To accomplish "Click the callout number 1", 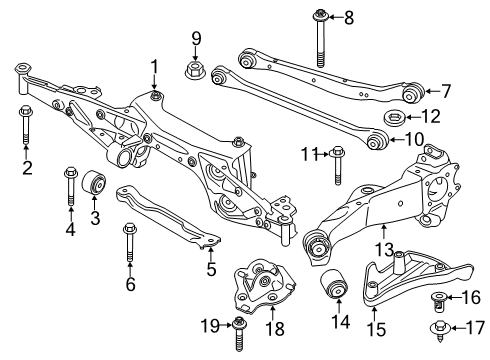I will [x=155, y=67].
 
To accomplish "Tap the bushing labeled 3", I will [x=97, y=183].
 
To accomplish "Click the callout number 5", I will [x=210, y=268].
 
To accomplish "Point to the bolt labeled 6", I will [x=130, y=245].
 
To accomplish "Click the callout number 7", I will [x=446, y=91].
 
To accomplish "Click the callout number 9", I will [x=196, y=41].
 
